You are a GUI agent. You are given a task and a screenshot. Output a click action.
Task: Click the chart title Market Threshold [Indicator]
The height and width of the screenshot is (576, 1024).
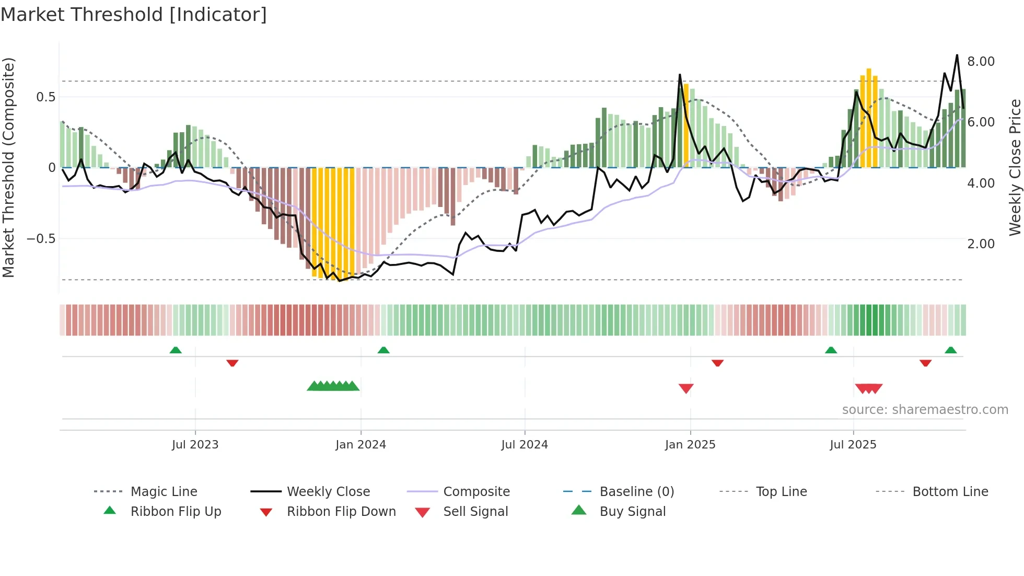pos(134,15)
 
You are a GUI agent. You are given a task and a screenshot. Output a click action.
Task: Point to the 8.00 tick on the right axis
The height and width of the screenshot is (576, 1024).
pos(981,62)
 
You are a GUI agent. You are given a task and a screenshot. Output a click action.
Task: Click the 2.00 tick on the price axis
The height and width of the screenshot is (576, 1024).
pos(981,244)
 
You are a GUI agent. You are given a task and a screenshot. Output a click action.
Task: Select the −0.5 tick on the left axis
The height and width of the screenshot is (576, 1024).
pos(41,239)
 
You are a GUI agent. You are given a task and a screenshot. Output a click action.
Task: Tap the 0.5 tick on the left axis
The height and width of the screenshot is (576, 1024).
pos(45,97)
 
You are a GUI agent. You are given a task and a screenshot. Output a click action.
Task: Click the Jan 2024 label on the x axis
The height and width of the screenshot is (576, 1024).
pos(360,445)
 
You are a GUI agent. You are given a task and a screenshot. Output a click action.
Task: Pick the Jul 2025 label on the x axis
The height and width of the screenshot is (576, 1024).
pos(853,445)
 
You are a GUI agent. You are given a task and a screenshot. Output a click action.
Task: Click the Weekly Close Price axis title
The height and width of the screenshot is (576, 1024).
pos(1015,167)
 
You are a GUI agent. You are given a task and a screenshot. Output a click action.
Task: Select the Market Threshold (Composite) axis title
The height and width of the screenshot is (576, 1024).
pos(8,167)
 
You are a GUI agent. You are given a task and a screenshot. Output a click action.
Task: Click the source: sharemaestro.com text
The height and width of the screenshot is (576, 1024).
pos(925,410)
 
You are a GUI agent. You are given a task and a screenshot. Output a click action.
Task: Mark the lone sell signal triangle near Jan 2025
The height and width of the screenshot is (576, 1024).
pos(685,388)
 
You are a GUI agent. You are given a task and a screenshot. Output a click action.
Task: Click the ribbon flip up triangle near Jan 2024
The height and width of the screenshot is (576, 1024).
pos(383,350)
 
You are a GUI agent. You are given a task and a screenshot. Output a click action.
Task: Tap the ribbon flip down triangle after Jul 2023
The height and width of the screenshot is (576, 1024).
pos(232,363)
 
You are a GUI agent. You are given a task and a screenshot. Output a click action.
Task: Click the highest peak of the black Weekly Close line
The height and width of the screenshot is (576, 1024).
pos(957,55)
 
